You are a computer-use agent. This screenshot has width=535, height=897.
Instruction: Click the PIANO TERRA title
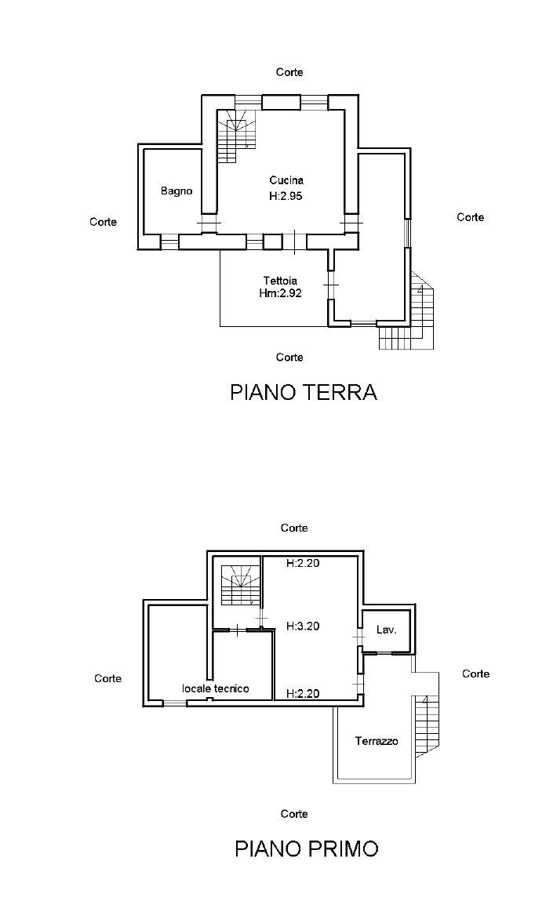(303, 392)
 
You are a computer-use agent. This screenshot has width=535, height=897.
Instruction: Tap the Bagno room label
(177, 191)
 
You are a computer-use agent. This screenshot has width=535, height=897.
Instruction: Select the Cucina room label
(286, 180)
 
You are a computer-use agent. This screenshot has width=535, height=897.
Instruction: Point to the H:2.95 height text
(286, 197)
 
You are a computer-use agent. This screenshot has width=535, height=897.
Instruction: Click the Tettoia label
(281, 280)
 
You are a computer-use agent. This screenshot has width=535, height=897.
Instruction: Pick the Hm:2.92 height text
(281, 293)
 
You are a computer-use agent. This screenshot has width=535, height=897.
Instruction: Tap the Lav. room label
(385, 630)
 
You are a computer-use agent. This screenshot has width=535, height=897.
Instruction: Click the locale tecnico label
(216, 688)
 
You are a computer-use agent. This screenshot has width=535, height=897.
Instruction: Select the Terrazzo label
(377, 741)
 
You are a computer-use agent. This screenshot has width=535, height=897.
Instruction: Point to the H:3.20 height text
(303, 626)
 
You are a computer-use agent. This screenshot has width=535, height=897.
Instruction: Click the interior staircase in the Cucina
(238, 135)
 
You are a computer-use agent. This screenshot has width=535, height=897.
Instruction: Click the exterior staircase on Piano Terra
(412, 318)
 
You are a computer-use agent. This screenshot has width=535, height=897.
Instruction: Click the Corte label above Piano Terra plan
(289, 72)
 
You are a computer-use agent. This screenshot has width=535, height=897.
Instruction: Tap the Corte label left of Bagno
(103, 222)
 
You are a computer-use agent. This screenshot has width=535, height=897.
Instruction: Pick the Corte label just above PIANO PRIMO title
(294, 814)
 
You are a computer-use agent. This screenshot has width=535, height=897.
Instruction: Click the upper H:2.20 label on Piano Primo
(303, 563)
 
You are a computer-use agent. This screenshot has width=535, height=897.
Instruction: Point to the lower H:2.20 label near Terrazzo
(303, 693)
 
